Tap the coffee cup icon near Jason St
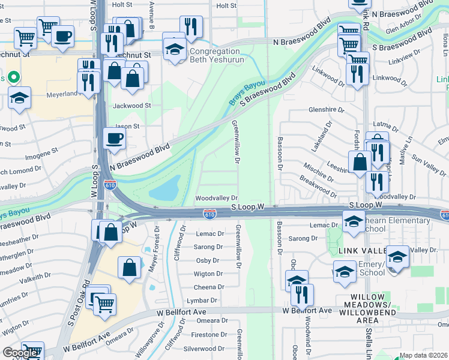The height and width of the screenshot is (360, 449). pyautogui.click(x=114, y=140)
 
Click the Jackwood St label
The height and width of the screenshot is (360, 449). pyautogui.click(x=131, y=105)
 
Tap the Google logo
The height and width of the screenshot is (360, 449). pyautogui.click(x=20, y=353)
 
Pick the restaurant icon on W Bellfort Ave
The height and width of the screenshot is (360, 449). pyautogui.click(x=303, y=294)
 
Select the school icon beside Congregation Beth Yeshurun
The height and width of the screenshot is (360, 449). pyautogui.click(x=174, y=48)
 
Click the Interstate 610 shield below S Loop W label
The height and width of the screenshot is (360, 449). pyautogui.click(x=209, y=214)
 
